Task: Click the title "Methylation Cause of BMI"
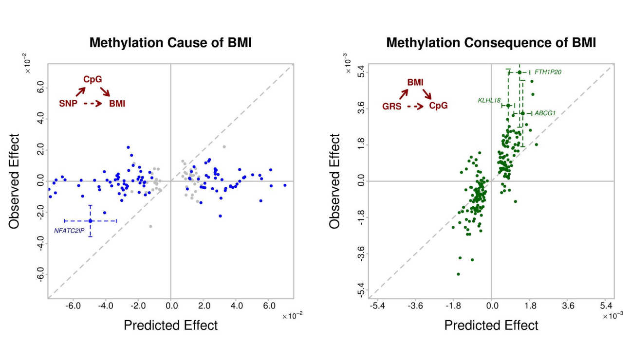(170, 43)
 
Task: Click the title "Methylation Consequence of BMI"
(491, 43)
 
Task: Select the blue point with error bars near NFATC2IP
(91, 221)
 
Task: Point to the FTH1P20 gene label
(548, 72)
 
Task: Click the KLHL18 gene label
(489, 101)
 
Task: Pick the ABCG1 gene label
(545, 113)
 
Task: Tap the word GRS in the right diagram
(391, 106)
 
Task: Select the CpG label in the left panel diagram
(93, 79)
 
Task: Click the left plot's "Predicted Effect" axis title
(170, 325)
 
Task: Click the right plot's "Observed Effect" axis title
(335, 181)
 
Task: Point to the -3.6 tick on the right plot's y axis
(361, 254)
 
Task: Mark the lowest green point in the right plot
(458, 274)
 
